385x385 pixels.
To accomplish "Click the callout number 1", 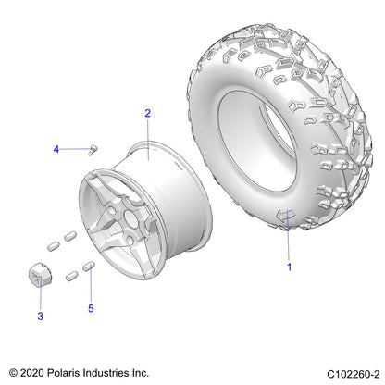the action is tap(289, 267).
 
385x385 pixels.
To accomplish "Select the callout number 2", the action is tap(148, 113).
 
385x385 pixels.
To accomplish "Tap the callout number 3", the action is tap(41, 317).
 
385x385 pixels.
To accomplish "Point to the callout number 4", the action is tap(56, 150).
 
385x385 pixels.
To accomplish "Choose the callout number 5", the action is tap(91, 308).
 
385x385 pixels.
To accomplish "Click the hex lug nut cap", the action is tap(40, 274).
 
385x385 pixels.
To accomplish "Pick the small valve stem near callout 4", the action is tap(93, 150).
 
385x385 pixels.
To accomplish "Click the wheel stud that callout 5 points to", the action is tap(89, 267).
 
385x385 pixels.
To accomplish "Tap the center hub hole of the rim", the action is tap(130, 218).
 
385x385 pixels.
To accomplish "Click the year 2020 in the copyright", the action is tap(31, 373).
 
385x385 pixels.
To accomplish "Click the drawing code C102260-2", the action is tap(354, 374).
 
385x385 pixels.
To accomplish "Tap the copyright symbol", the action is tap(13, 373).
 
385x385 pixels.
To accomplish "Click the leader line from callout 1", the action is tap(288, 235).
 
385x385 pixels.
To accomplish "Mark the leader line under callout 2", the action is tap(148, 140).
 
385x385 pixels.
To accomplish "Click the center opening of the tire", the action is tap(257, 141).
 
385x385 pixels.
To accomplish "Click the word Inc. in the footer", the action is tap(141, 373).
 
